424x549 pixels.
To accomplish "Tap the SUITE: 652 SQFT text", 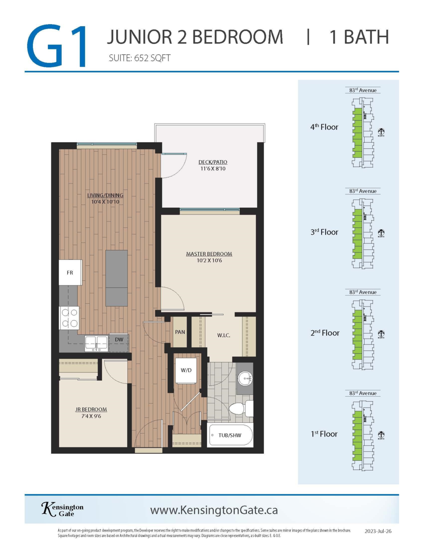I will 140,58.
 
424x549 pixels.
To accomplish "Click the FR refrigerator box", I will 70,273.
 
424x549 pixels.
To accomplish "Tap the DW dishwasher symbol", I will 118,339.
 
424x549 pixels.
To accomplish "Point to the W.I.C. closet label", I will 223,335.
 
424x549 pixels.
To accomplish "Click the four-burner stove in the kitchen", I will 69,318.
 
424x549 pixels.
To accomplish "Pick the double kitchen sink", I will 96,342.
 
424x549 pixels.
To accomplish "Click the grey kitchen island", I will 117,278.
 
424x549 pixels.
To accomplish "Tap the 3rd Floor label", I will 324,232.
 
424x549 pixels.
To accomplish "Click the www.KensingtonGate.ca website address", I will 214,510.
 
